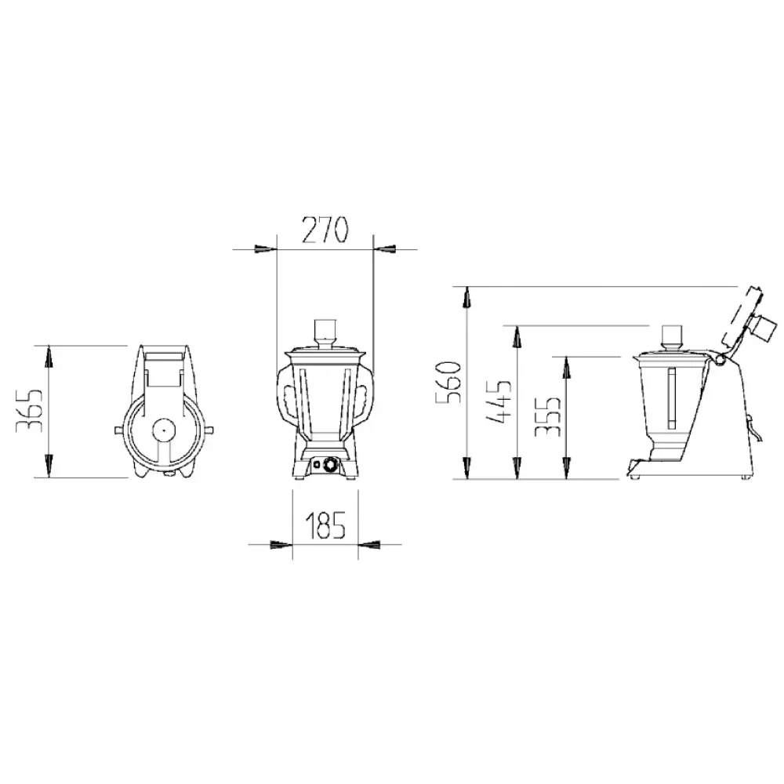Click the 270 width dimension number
(x=324, y=230)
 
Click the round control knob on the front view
(x=330, y=466)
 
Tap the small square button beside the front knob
(x=318, y=466)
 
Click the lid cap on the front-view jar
(x=325, y=329)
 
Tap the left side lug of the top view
(x=117, y=430)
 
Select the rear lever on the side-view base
(x=755, y=427)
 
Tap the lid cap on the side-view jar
(x=672, y=335)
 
